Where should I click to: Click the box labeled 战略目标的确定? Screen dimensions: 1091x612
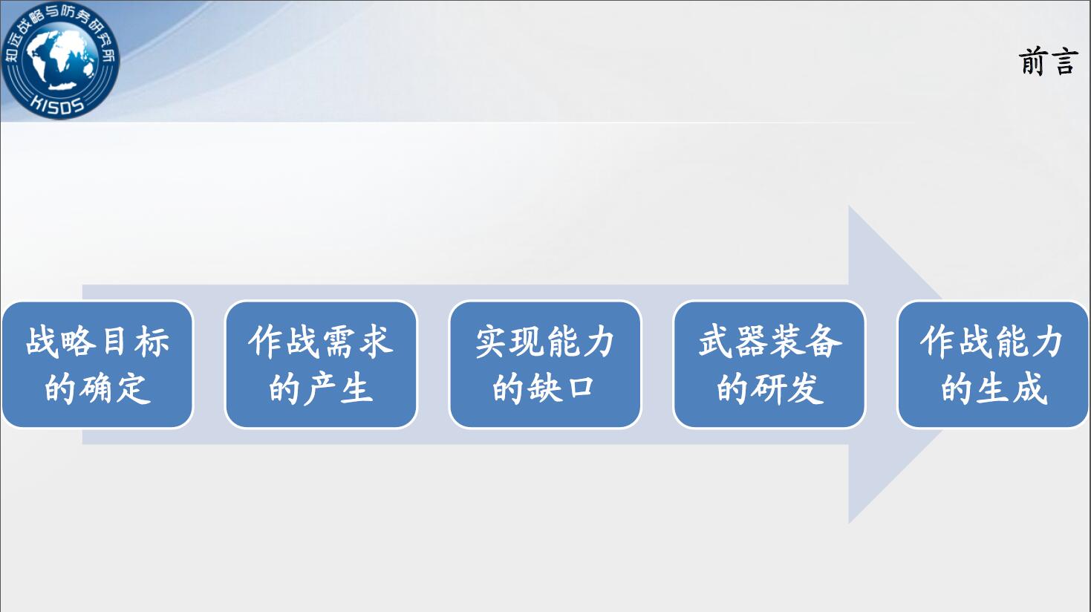tap(97, 365)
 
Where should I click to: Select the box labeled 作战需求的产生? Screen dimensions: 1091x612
tap(321, 365)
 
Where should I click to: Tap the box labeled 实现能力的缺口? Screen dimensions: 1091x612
tap(545, 365)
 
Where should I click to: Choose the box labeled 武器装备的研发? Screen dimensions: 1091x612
tap(769, 365)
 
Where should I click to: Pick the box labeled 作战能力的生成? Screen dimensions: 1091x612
tap(993, 365)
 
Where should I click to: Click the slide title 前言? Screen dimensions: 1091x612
tap(1047, 62)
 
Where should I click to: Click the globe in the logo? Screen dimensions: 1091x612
tap(60, 59)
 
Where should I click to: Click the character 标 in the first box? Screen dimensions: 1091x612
tap(152, 341)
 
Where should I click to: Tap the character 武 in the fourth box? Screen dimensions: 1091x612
tap(715, 341)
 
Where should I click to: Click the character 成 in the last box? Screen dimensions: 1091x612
tap(1029, 388)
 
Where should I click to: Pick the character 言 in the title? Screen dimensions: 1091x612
tap(1064, 62)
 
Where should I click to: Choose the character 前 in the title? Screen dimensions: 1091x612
tap(1033, 62)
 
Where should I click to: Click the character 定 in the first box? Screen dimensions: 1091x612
tap(134, 388)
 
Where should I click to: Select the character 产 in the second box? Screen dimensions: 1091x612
tap(320, 388)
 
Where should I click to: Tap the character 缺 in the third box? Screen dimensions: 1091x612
tap(544, 388)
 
